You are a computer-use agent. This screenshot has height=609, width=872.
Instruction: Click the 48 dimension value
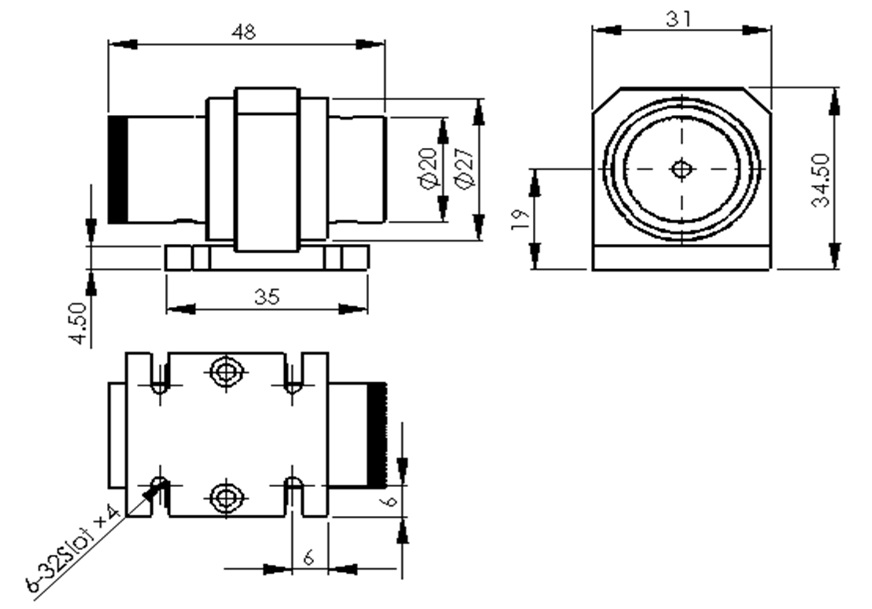coord(244,31)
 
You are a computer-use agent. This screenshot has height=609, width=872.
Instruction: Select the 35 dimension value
coord(266,297)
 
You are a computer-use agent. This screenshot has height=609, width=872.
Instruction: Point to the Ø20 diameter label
coord(429,168)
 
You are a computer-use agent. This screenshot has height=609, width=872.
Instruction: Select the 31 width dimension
coord(679,19)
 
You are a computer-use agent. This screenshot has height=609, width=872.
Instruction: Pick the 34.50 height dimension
coord(821,180)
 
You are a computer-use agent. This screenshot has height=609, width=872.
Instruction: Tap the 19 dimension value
coord(519,220)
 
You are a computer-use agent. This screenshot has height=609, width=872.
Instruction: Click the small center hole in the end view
coord(682,168)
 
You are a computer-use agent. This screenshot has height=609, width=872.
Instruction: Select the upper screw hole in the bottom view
coord(227,371)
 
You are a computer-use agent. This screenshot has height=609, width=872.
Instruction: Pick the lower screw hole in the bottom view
coord(227,496)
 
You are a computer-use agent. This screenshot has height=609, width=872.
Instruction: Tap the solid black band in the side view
coord(118,170)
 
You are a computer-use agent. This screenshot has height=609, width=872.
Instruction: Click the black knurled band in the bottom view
coord(376,434)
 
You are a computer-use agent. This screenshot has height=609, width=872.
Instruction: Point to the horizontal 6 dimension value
coord(309,556)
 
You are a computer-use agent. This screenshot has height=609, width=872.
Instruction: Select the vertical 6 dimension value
coord(391,500)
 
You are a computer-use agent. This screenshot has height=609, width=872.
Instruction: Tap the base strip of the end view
coord(682,257)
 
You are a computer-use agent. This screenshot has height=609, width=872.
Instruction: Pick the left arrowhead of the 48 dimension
coord(123,44)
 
